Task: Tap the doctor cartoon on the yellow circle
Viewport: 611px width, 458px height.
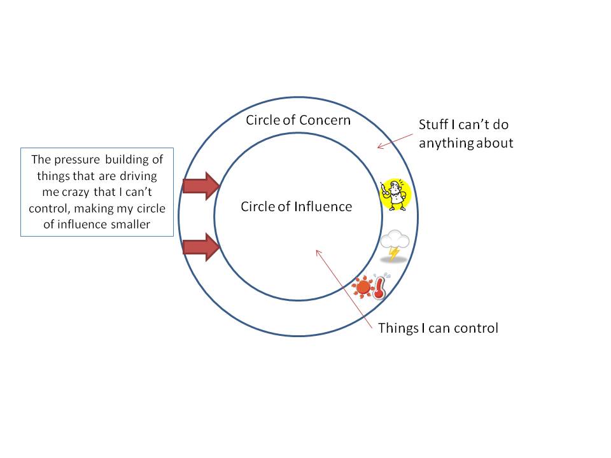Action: (395, 195)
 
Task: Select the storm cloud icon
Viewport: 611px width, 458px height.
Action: (395, 241)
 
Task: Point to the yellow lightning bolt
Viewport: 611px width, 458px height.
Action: (395, 253)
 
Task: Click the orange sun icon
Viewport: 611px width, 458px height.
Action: (363, 287)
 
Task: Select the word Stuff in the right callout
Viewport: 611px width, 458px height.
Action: (434, 125)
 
